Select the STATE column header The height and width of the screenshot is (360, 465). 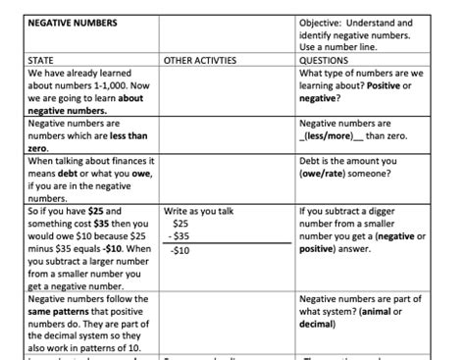[41, 60]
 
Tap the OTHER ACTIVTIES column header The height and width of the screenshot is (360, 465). [200, 60]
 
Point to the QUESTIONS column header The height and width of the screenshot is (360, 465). [325, 60]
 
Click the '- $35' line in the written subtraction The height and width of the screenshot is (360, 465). [180, 236]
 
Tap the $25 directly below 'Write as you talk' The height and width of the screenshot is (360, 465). [181, 224]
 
